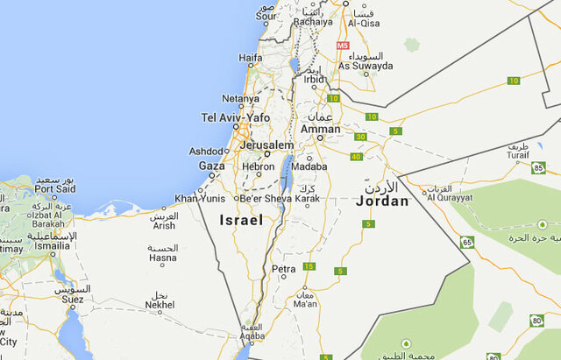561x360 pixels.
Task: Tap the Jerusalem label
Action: [267, 145]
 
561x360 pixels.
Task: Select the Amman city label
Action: [320, 130]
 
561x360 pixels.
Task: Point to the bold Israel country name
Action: [241, 221]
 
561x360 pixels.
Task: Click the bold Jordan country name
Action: [383, 201]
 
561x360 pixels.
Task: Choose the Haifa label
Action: [251, 59]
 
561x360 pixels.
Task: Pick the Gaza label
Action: [212, 166]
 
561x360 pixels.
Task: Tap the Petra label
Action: [284, 269]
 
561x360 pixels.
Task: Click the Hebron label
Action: [259, 166]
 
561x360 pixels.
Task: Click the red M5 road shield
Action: [342, 45]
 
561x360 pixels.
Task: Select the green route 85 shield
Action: [539, 166]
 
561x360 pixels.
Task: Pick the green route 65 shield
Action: [467, 242]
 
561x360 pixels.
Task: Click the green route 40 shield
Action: [355, 157]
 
